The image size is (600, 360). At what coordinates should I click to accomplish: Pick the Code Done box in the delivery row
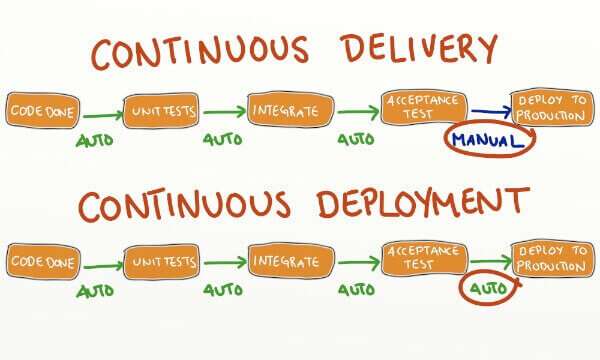pos(41,109)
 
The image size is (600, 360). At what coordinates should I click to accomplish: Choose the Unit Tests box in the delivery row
pos(160,110)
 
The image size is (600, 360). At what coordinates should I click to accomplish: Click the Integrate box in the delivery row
pos(289,109)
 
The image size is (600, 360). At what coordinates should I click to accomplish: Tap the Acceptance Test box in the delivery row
pos(424,106)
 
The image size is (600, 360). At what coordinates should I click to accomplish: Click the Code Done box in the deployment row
pos(41,262)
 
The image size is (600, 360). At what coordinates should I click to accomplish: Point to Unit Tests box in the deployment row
pos(160,262)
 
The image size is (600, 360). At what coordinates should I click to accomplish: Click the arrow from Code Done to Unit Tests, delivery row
pos(100,113)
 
